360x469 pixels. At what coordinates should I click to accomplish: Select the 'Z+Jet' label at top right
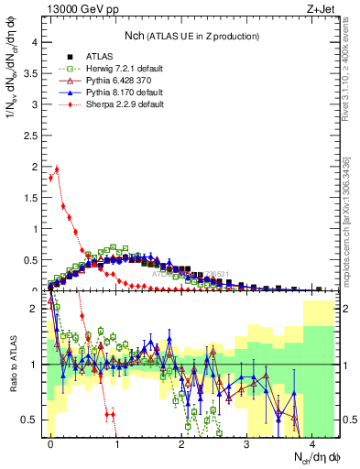click(x=320, y=10)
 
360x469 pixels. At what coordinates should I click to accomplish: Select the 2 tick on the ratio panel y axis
click(x=35, y=310)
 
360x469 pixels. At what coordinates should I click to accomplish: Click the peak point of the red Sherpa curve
click(x=57, y=169)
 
